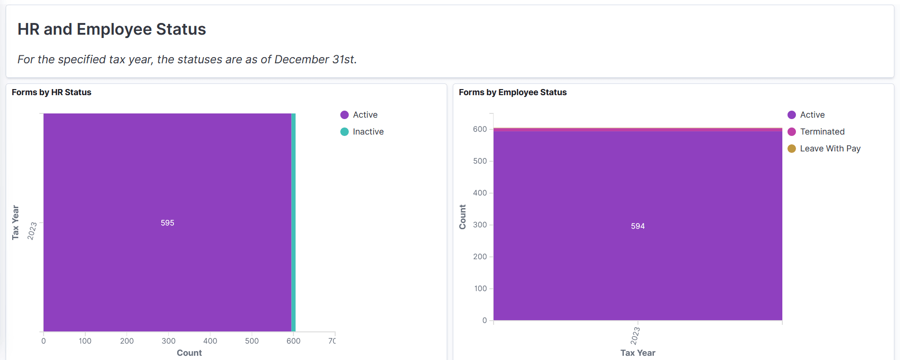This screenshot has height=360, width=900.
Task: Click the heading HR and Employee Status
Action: [112, 29]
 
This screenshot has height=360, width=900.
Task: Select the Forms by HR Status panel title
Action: [52, 92]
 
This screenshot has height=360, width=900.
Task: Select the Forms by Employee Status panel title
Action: [512, 92]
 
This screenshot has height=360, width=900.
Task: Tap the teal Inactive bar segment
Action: [293, 222]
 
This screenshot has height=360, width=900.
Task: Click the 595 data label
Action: [167, 223]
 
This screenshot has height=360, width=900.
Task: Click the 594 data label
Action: [637, 226]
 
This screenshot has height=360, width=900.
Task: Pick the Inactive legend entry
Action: [367, 132]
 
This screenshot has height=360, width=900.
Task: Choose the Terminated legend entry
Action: [822, 132]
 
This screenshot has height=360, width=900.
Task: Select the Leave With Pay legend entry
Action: [830, 149]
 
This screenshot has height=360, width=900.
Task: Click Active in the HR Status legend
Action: [365, 115]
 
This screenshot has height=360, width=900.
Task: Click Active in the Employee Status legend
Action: [812, 115]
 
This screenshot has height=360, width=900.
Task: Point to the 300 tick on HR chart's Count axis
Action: [168, 341]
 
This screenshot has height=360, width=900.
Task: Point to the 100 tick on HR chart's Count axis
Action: [85, 341]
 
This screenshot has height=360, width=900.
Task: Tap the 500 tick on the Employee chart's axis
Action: [480, 161]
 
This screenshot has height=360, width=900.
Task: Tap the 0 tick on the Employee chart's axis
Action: [485, 320]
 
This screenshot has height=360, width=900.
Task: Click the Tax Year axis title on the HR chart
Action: [15, 222]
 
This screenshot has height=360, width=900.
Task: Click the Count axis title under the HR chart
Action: [189, 353]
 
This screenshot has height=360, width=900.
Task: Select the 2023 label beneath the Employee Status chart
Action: [635, 336]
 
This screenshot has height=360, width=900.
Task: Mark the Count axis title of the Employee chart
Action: [463, 217]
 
